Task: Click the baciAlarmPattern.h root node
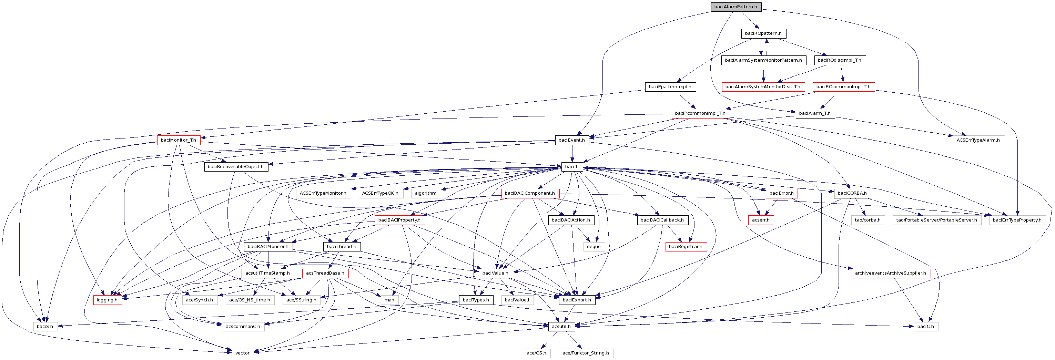pos(736,7)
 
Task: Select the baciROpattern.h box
pos(763,33)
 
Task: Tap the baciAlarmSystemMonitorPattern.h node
pos(763,60)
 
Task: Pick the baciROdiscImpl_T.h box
pos(839,60)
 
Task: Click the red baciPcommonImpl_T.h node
pos(700,113)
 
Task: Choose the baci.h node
pos(572,167)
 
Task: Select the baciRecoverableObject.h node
pos(235,167)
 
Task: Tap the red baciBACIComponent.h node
pos(529,193)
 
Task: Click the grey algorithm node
pos(426,193)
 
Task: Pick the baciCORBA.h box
pos(852,193)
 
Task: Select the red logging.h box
pos(107,300)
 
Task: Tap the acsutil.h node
pos(561,327)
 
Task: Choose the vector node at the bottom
pos(242,353)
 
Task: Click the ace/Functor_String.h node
pos(585,353)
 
